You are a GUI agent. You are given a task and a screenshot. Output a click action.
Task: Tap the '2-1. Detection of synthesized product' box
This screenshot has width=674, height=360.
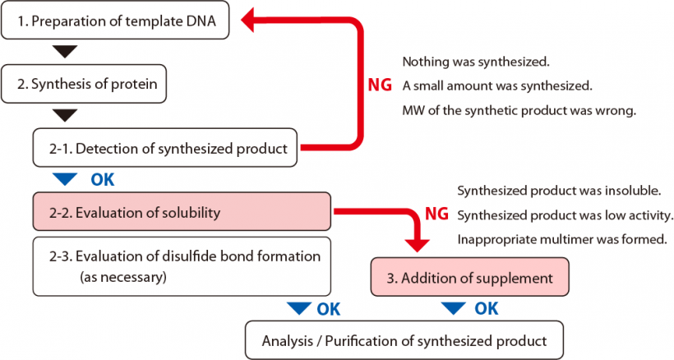[168, 149]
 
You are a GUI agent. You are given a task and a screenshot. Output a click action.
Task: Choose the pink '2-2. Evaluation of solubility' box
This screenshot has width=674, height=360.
[181, 213]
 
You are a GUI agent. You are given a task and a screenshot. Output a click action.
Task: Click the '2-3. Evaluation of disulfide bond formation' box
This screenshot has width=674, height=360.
[181, 266]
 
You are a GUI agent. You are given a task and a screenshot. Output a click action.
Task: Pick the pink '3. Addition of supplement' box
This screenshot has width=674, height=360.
[469, 278]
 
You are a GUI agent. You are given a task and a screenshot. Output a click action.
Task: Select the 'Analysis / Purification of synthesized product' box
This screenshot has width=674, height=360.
[404, 340]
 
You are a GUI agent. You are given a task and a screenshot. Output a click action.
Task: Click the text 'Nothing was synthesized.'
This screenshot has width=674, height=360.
[475, 62]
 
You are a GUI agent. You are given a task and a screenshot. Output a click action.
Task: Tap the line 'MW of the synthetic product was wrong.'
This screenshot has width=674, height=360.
[519, 110]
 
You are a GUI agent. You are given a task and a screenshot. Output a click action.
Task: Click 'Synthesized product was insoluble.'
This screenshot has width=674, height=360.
[559, 191]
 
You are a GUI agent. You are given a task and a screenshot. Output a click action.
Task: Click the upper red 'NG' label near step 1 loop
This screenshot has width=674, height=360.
[380, 85]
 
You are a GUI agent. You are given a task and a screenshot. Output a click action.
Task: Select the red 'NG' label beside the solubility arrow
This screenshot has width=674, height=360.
[436, 215]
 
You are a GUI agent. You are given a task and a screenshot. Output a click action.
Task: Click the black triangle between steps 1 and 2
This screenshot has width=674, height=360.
[63, 53]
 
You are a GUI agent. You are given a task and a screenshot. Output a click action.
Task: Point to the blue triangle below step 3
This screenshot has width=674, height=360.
[454, 309]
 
